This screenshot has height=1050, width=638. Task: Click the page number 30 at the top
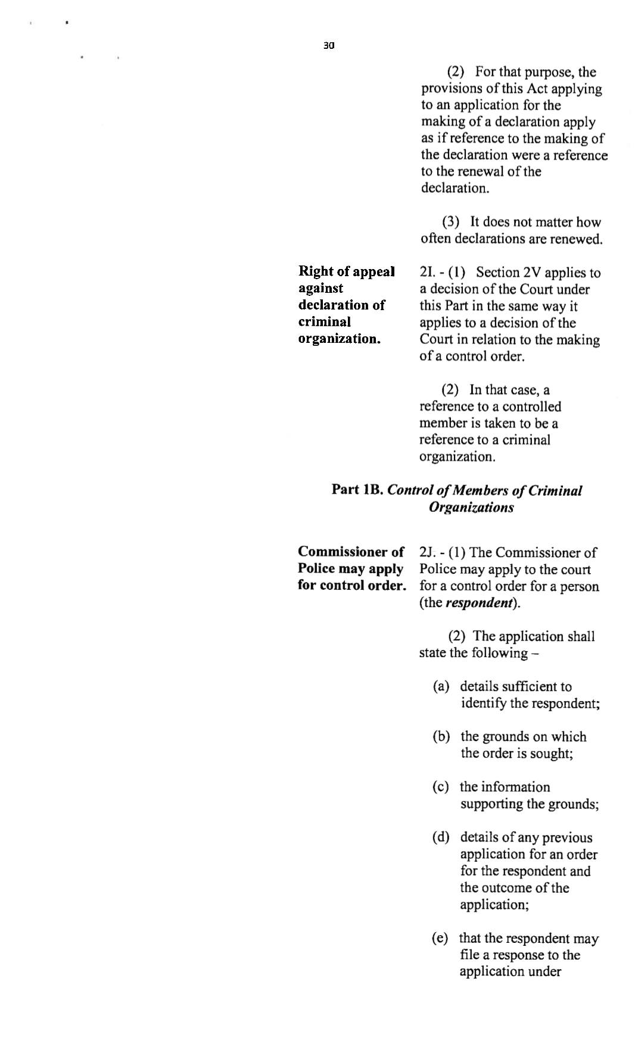click(x=329, y=45)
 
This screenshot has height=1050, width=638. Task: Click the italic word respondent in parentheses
click(x=479, y=603)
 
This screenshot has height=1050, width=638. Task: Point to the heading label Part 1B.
click(x=357, y=490)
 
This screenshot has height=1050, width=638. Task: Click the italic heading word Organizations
click(x=471, y=508)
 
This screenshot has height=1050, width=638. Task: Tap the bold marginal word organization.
click(x=339, y=339)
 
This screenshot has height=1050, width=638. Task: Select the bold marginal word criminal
click(x=325, y=322)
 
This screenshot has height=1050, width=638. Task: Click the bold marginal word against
click(x=320, y=289)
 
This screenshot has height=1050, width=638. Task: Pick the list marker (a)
click(x=441, y=687)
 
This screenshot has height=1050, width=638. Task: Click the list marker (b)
click(x=441, y=737)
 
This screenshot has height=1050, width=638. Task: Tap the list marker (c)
click(x=441, y=787)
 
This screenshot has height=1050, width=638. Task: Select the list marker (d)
click(x=441, y=837)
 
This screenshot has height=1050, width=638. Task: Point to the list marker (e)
click(x=440, y=939)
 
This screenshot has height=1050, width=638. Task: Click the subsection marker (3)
click(x=450, y=223)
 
